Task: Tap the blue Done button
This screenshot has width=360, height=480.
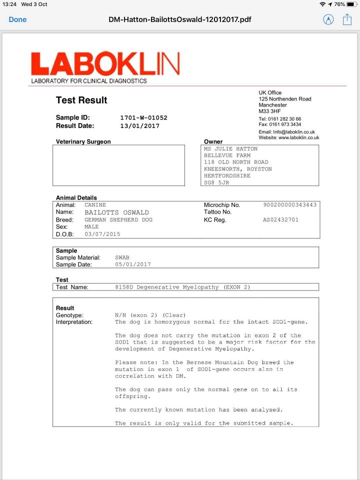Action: coord(17,19)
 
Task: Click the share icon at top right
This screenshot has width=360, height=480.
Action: coord(347,19)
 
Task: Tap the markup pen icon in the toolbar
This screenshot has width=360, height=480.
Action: coord(328,19)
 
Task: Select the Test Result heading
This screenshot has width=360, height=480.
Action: coord(81,100)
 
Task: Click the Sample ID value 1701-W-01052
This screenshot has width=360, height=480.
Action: coord(143,118)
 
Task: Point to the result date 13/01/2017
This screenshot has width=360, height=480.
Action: coord(139,126)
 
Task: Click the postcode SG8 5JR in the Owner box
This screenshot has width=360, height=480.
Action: coord(217,183)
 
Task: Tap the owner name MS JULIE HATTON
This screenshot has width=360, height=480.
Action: coord(230,149)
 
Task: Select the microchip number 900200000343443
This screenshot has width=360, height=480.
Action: coord(289,205)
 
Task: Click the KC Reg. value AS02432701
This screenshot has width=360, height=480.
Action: coord(280,219)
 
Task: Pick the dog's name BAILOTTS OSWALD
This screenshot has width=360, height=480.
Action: coord(116,212)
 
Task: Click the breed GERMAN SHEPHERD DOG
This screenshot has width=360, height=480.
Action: coord(118,220)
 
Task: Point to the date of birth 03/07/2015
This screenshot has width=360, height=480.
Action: coord(102,234)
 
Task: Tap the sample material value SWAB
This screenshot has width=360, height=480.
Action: coord(122,257)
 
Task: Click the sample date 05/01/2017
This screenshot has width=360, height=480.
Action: coord(132,264)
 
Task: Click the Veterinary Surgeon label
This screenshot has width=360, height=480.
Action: coord(83,141)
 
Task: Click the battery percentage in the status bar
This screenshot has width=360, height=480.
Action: coord(339,4)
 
